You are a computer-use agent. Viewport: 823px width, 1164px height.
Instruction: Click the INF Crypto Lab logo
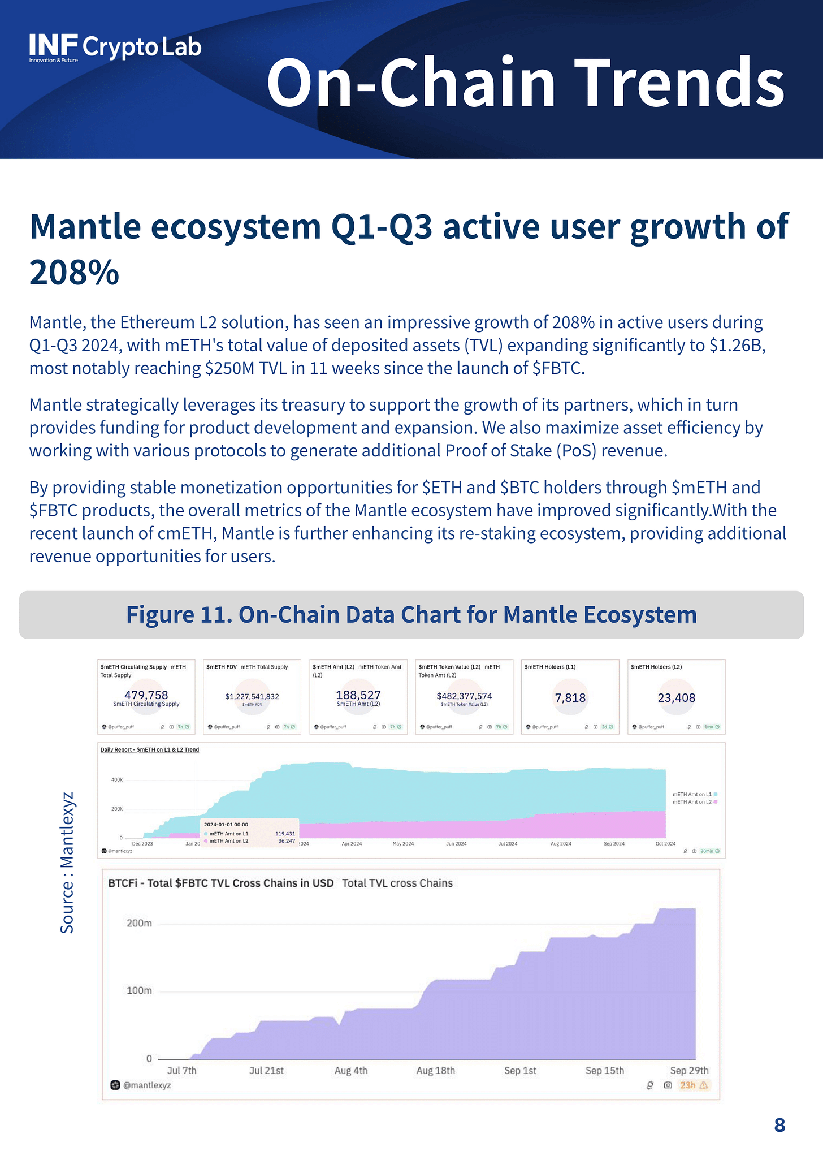(115, 48)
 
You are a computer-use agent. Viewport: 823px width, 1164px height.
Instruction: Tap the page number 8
(779, 1125)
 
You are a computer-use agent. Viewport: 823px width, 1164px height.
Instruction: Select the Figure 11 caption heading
(411, 615)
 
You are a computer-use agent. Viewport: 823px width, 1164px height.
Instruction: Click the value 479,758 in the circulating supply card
(146, 695)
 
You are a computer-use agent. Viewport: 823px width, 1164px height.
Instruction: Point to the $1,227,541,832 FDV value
(252, 696)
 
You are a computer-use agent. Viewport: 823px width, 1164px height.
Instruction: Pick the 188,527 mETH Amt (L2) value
(358, 695)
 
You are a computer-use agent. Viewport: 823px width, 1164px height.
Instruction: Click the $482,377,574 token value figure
(464, 696)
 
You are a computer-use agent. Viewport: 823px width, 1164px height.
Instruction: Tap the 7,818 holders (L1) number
(570, 698)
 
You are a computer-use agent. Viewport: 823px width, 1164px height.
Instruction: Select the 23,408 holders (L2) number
(676, 698)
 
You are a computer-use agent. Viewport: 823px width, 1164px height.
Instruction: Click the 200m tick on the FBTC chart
(139, 924)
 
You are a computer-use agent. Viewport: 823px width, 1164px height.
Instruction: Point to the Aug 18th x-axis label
(435, 1070)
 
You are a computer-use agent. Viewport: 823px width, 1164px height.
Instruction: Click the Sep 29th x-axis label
(689, 1070)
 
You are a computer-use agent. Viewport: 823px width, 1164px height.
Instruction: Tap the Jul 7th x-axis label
(182, 1070)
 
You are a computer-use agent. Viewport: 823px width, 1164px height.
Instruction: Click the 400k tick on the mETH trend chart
(117, 779)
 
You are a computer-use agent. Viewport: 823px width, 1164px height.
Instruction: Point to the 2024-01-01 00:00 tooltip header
(226, 825)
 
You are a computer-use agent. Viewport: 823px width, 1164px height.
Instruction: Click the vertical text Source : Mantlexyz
(67, 863)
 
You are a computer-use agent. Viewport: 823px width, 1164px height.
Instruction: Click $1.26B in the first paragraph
(735, 345)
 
